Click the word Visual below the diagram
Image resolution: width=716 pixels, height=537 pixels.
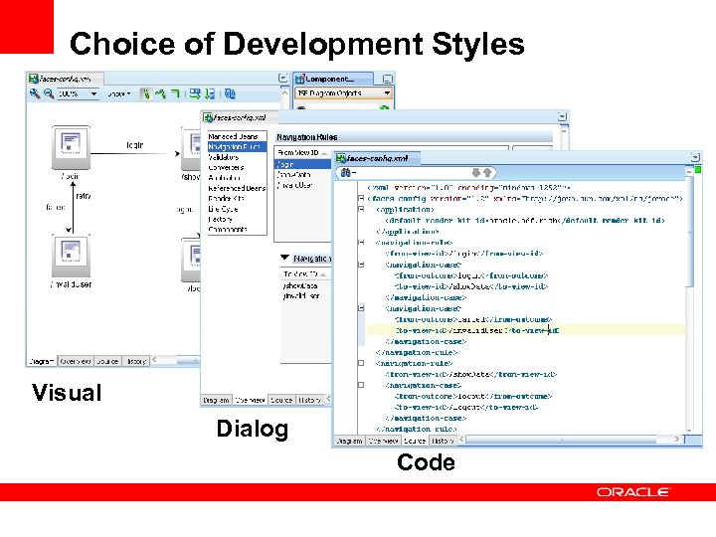(67, 392)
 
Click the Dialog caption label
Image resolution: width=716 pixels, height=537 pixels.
(253, 429)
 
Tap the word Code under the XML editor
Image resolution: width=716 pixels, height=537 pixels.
(426, 461)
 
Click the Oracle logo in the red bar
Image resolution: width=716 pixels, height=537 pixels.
(633, 491)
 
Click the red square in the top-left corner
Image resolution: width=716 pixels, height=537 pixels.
(26, 26)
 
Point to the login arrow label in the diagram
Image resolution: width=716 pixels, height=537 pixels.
(133, 145)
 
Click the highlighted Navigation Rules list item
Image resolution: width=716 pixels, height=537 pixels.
(234, 146)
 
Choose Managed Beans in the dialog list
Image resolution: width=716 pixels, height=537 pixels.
(234, 136)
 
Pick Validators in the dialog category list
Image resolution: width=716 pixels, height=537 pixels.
(225, 156)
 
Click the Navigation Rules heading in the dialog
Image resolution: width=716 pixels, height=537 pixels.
(307, 136)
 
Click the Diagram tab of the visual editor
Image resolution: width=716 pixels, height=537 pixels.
(42, 361)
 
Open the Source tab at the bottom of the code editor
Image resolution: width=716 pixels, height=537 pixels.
(415, 440)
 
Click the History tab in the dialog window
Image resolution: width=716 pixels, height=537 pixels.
(309, 400)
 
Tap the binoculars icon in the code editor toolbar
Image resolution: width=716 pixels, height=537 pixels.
(346, 173)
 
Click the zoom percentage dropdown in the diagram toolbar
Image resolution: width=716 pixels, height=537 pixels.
(78, 93)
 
